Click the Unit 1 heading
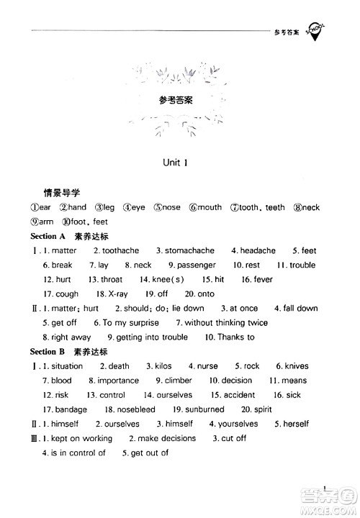pyautogui.click(x=176, y=163)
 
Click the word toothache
pyautogui.click(x=120, y=250)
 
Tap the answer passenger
pyautogui.click(x=196, y=265)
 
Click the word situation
pyautogui.click(x=67, y=366)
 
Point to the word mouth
pyautogui.click(x=210, y=207)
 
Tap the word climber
pyautogui.click(x=178, y=381)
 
